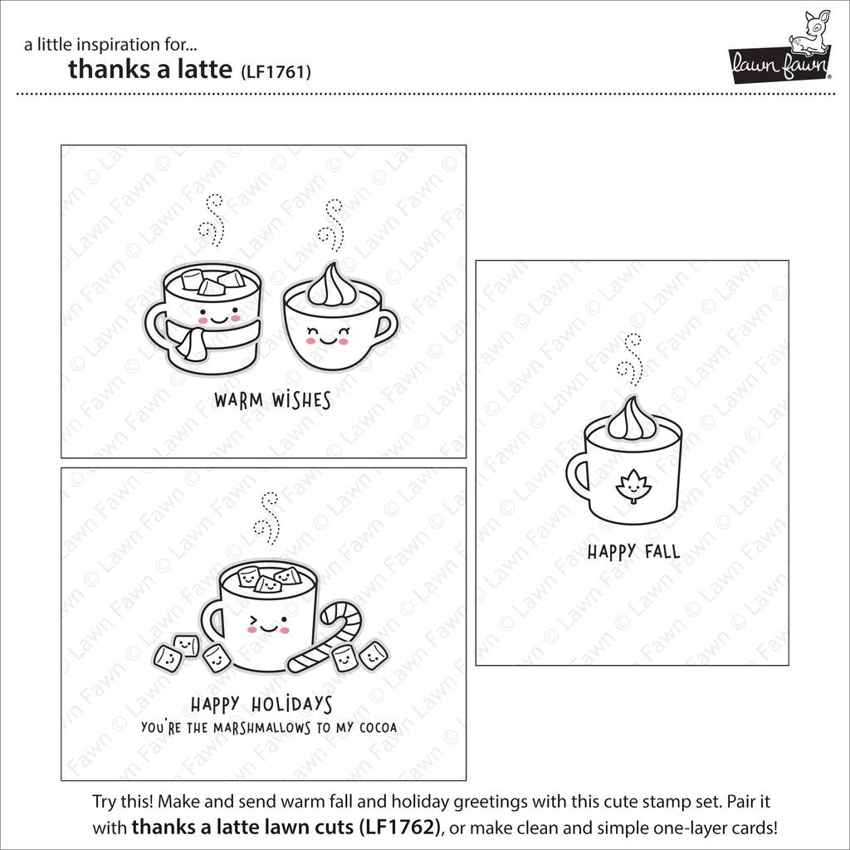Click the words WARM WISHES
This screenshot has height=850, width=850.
(271, 401)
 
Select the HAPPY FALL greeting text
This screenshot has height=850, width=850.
(633, 551)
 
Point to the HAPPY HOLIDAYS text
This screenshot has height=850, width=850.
(261, 706)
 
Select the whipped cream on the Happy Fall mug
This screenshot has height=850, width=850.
(632, 419)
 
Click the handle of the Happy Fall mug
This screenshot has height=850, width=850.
(578, 479)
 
